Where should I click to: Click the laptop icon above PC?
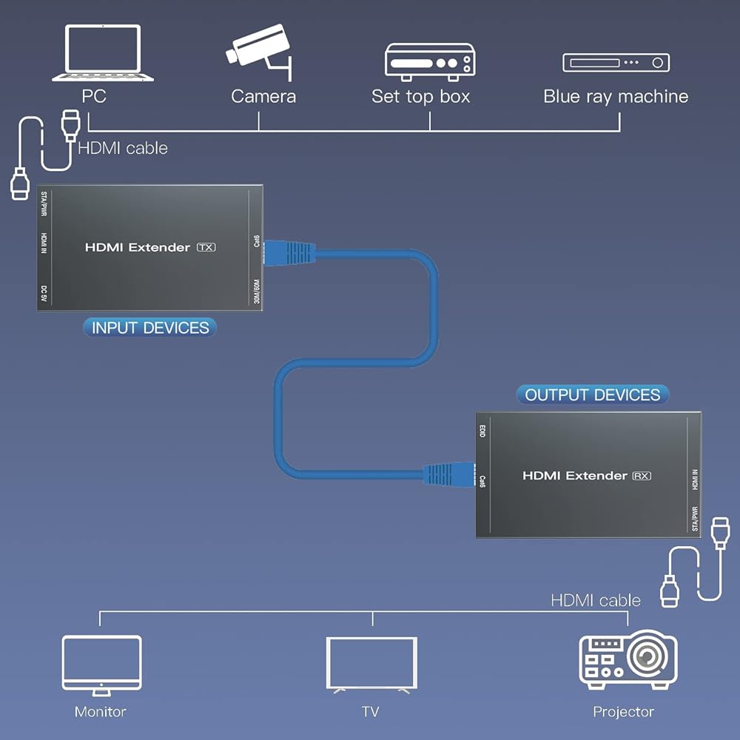click(102, 53)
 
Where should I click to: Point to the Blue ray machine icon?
click(616, 62)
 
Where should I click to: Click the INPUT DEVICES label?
click(150, 328)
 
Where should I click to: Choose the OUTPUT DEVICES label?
click(592, 394)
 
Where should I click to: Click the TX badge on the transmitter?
click(206, 247)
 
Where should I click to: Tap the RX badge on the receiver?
click(641, 476)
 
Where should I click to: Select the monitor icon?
click(101, 665)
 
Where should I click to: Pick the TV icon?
click(371, 665)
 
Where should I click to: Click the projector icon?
click(628, 660)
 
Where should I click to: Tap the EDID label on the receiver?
click(482, 431)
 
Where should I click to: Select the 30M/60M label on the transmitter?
click(256, 289)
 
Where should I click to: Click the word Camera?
click(263, 96)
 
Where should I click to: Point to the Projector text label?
click(623, 712)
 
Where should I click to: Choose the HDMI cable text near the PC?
click(123, 148)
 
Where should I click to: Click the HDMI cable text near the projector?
click(596, 600)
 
